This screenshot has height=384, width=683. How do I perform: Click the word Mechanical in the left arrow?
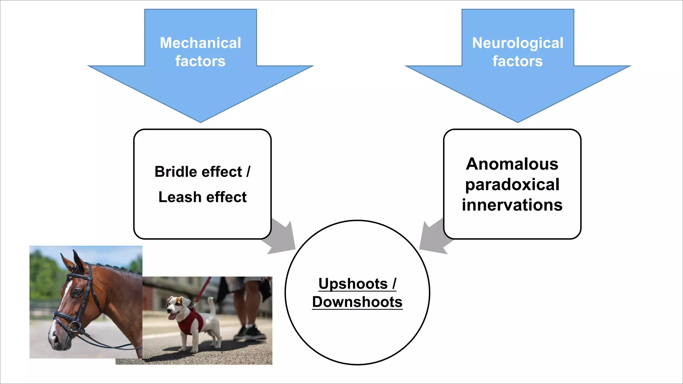tap(200, 43)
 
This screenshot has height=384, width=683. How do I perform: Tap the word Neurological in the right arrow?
tap(518, 43)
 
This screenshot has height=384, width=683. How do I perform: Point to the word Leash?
tap(179, 197)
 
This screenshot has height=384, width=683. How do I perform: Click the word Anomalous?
tap(512, 164)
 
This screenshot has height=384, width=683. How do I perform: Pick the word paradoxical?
tap(512, 185)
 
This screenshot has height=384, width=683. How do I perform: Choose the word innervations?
tap(512, 205)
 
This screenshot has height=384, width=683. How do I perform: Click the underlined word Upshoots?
tap(353, 284)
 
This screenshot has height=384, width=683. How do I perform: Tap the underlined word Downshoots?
tap(357, 302)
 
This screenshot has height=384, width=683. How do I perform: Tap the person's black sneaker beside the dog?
tap(255, 333)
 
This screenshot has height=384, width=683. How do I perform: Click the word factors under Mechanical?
tap(200, 61)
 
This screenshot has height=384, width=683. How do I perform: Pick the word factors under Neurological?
tap(518, 61)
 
